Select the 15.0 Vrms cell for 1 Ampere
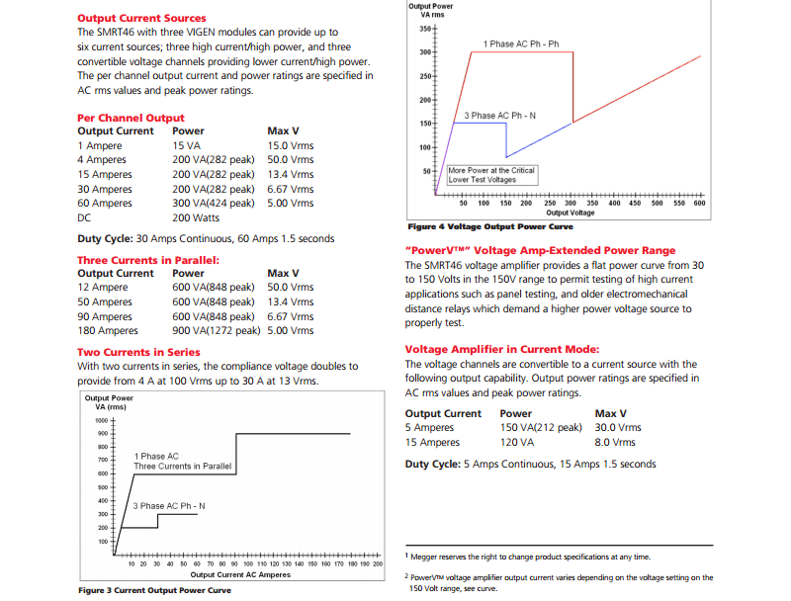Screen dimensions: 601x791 point(291,145)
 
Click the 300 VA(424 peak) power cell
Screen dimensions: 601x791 point(213,203)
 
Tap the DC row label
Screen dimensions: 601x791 point(84,217)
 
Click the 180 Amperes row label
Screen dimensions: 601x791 point(107,331)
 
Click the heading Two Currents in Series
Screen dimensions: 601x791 point(138,352)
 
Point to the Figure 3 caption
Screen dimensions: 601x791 point(154,590)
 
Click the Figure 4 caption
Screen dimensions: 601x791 point(490,226)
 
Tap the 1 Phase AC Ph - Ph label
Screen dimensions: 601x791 point(521,44)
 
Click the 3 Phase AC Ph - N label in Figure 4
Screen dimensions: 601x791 point(499,116)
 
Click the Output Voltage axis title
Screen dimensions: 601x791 point(571,213)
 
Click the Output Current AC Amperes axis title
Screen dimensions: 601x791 point(240,574)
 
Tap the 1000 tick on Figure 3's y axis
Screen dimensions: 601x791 point(101,420)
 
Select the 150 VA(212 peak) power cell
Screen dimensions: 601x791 point(541,428)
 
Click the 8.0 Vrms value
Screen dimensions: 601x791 point(617,443)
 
